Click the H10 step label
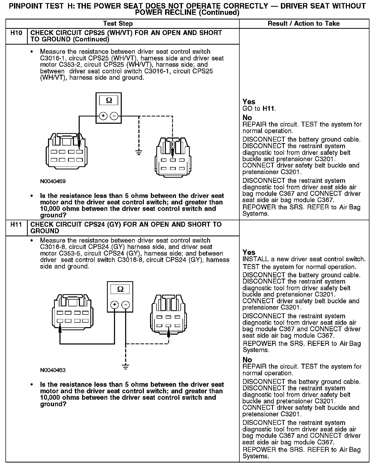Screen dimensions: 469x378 [16, 33]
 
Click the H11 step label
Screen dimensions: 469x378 [16, 225]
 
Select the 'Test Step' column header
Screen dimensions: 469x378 [118, 24]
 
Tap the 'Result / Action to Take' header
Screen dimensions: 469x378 [303, 24]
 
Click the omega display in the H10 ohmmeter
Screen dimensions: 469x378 [109, 100]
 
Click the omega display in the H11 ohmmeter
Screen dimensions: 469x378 [120, 289]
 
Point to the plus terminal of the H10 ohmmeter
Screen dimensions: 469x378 [103, 116]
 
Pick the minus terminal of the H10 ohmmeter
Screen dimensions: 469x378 [114, 116]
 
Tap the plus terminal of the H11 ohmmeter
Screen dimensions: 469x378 [114, 305]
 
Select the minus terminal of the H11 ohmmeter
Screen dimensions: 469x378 [125, 305]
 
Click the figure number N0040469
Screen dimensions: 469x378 [53, 181]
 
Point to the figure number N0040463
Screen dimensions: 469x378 [53, 370]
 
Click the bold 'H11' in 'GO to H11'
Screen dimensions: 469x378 [268, 109]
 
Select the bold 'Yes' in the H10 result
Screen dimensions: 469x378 [249, 102]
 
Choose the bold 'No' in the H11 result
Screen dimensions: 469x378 [247, 360]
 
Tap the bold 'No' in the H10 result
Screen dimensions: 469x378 [247, 118]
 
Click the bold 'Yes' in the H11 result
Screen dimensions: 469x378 [249, 252]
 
